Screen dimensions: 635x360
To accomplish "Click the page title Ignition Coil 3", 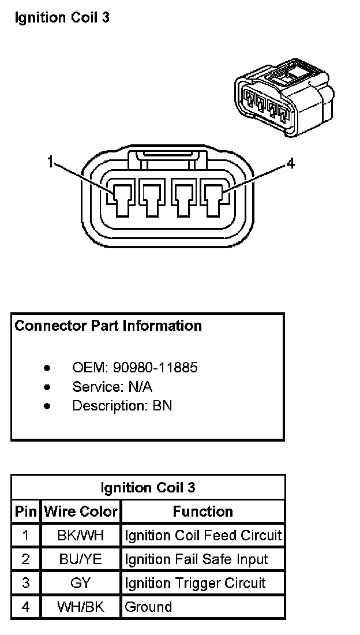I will (x=62, y=18).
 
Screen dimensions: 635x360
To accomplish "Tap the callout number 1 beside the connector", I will (x=51, y=163).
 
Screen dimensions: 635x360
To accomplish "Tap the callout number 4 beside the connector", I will (x=290, y=164).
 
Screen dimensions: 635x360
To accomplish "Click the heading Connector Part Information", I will (x=108, y=326).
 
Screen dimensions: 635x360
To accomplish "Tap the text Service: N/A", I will (x=112, y=387).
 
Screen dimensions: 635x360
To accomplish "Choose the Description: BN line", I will (x=122, y=406).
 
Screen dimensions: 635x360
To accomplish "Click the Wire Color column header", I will (x=81, y=511).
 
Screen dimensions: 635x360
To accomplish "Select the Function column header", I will (x=202, y=511).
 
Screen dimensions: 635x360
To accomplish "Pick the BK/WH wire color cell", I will (x=81, y=535).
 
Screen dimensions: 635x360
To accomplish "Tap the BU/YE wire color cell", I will (x=81, y=559).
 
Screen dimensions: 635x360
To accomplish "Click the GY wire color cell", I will (x=81, y=583).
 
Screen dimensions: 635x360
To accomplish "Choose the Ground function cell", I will (x=148, y=607).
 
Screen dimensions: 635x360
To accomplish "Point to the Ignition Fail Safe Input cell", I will (x=196, y=559).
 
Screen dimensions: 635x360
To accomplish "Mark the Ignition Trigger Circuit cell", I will (x=195, y=583).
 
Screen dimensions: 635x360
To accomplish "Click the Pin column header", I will (x=25, y=511).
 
